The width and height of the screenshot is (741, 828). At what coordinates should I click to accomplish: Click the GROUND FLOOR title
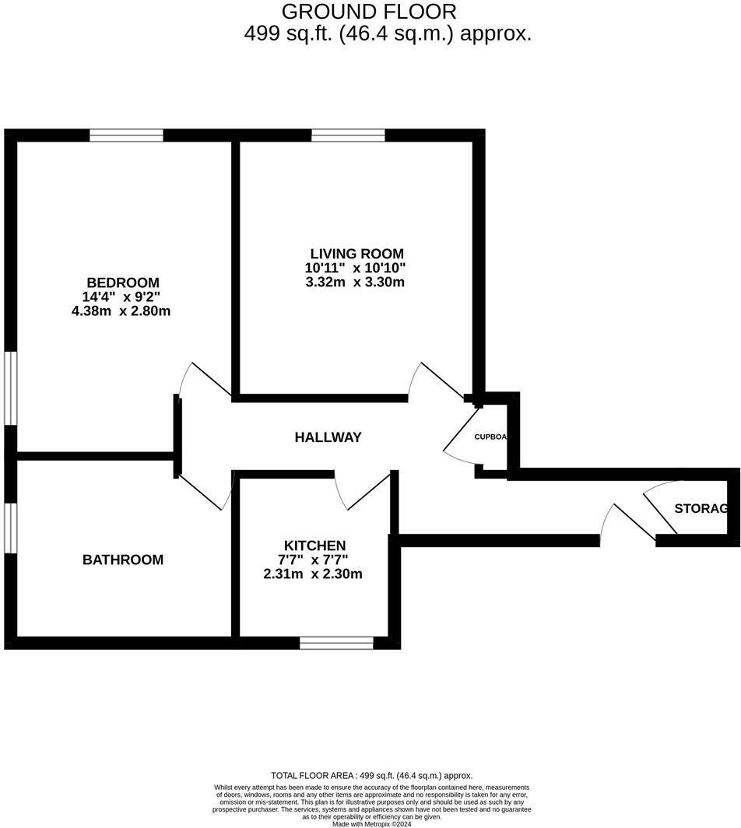pyautogui.click(x=369, y=12)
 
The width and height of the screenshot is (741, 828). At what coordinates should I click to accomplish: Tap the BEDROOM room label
pyautogui.click(x=123, y=282)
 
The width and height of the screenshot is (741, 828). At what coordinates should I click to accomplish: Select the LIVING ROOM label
pyautogui.click(x=356, y=254)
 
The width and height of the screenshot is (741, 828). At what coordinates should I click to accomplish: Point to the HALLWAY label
pyautogui.click(x=328, y=437)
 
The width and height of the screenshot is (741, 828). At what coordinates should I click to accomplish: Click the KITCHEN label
pyautogui.click(x=314, y=546)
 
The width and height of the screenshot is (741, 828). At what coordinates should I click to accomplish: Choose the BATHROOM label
pyautogui.click(x=123, y=560)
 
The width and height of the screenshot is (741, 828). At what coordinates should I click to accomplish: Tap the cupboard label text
pyautogui.click(x=490, y=437)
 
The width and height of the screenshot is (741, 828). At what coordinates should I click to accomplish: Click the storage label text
pyautogui.click(x=701, y=509)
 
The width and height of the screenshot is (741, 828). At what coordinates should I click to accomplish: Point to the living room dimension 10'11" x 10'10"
pyautogui.click(x=355, y=268)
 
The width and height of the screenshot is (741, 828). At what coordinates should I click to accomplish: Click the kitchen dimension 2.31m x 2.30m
pyautogui.click(x=313, y=574)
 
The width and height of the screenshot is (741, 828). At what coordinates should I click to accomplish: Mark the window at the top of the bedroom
pyautogui.click(x=126, y=135)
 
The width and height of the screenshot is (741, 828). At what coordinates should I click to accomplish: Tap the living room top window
pyautogui.click(x=348, y=135)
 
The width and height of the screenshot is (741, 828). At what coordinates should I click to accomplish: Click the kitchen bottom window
pyautogui.click(x=336, y=643)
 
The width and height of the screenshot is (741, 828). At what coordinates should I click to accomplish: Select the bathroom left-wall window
pyautogui.click(x=10, y=528)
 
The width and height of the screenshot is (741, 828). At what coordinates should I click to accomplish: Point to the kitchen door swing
pyautogui.click(x=361, y=491)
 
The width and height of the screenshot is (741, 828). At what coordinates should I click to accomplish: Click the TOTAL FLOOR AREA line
pyautogui.click(x=371, y=775)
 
